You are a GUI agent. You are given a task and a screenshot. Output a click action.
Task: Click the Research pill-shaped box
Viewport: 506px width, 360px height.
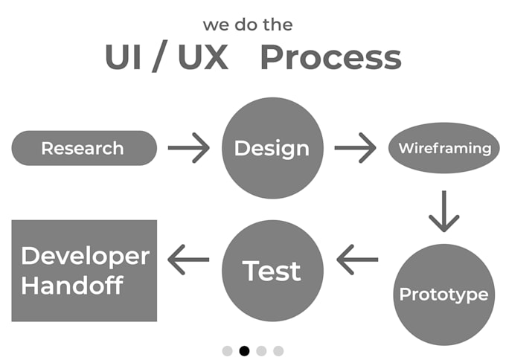(x=83, y=148)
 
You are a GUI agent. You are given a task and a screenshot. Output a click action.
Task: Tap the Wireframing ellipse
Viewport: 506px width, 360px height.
(x=444, y=147)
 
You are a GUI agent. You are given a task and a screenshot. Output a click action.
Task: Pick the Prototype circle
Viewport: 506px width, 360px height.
(x=443, y=294)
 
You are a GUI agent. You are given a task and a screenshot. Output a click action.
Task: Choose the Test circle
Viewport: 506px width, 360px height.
(x=273, y=270)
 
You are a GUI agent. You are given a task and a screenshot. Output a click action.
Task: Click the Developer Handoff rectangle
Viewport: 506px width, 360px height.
(x=84, y=271)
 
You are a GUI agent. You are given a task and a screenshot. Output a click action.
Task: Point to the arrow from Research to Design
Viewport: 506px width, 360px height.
(x=189, y=148)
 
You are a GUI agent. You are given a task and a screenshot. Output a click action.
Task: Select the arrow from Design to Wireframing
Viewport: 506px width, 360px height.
(x=356, y=148)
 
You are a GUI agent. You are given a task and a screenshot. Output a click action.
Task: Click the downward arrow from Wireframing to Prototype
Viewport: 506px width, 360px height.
(x=444, y=211)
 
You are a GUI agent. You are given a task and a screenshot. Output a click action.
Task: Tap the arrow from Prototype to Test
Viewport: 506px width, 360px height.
(x=357, y=260)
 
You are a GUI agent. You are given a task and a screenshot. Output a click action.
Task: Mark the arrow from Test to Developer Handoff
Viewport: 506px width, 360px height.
(x=189, y=260)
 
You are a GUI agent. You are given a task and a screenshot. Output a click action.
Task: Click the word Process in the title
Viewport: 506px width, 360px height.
(x=330, y=58)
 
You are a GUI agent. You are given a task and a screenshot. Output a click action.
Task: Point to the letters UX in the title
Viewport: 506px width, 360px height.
(x=203, y=58)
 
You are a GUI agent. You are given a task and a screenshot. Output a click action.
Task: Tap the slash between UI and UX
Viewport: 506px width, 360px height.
(x=160, y=58)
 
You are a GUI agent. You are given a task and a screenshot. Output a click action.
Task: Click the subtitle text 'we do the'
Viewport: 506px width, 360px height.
(x=248, y=25)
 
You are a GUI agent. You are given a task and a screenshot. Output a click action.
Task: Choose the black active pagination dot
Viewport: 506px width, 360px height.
(x=244, y=350)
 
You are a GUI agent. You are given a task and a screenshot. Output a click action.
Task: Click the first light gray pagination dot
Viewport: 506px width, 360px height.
(x=227, y=350)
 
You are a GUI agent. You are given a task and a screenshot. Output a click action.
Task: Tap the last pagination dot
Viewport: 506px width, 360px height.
(x=278, y=350)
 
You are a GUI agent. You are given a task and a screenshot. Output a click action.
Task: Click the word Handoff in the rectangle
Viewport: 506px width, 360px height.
(x=72, y=286)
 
